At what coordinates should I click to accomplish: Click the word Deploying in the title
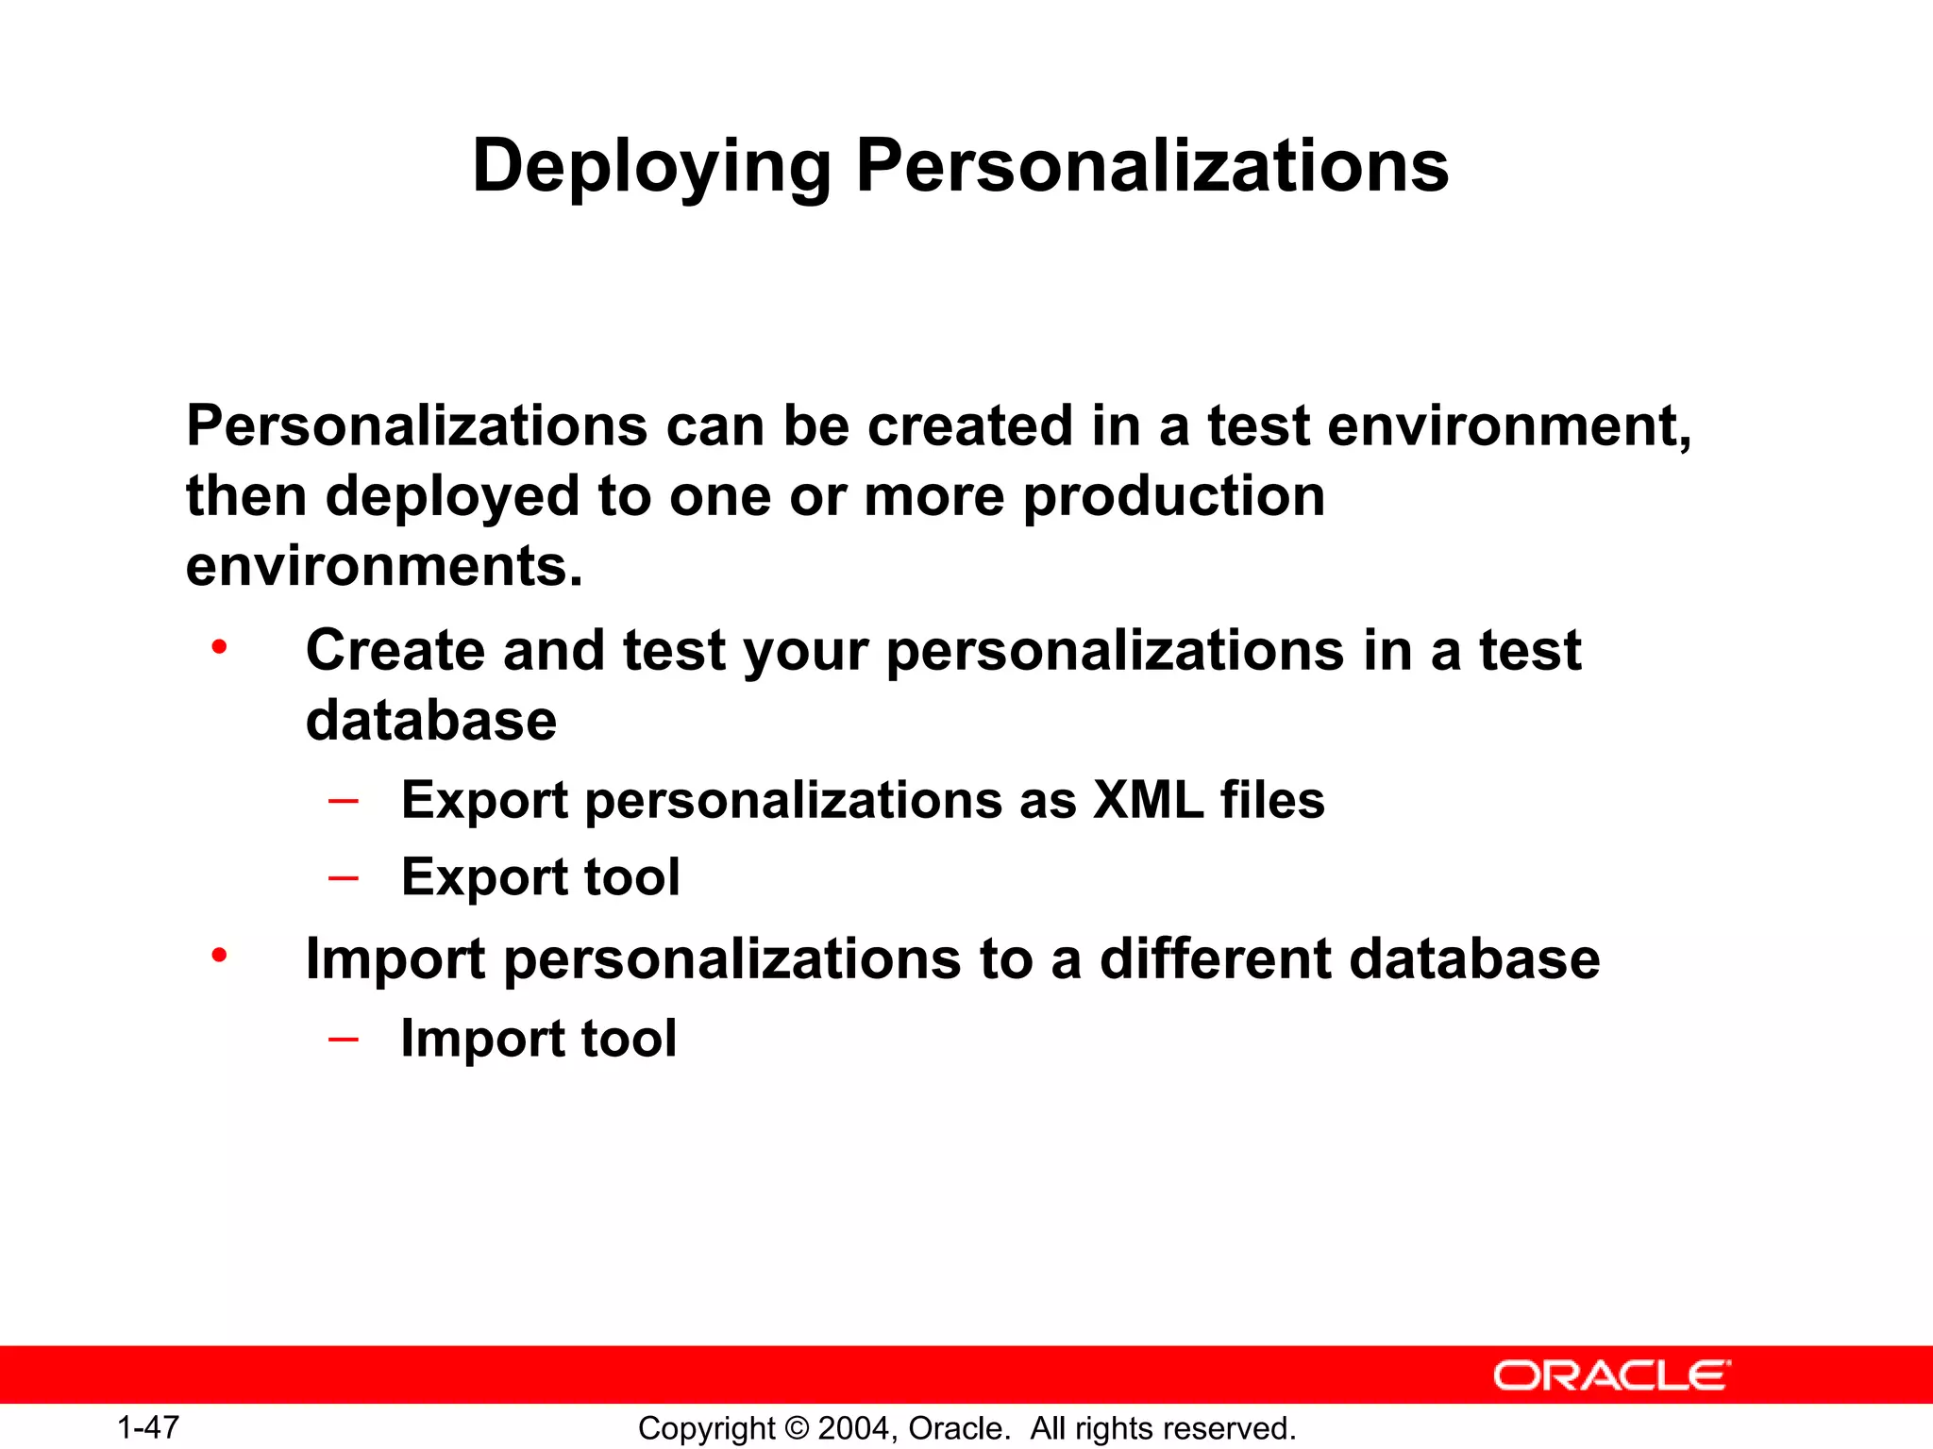651,168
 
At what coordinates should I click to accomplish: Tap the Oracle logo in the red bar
1612,1375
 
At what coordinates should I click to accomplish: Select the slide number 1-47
148,1427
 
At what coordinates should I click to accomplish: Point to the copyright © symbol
798,1428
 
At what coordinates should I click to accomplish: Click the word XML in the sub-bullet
1148,800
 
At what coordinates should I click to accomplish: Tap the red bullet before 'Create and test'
219,648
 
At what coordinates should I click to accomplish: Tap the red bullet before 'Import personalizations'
219,956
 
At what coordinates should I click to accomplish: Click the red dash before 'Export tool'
344,878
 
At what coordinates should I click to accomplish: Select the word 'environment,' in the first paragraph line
1509,426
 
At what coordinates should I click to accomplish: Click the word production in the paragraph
1174,496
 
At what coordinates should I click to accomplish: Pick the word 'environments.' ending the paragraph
384,566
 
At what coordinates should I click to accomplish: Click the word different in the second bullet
1215,958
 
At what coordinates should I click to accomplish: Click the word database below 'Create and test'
431,721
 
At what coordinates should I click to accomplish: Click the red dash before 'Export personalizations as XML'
344,801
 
